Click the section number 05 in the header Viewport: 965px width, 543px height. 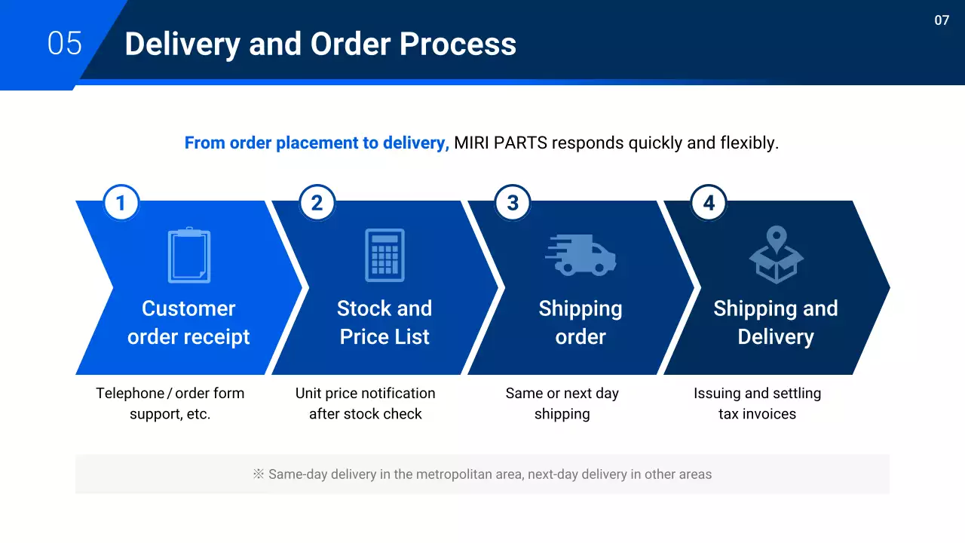[64, 43]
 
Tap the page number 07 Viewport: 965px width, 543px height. [942, 20]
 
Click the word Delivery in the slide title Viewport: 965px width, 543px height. [181, 44]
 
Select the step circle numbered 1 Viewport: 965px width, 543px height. [121, 203]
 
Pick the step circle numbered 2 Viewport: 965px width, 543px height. [317, 203]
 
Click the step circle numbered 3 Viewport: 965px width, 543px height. [513, 203]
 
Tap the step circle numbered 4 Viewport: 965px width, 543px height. [709, 203]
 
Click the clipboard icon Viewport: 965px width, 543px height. [188, 255]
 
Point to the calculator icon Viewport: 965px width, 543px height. [384, 255]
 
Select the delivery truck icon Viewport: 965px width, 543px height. [581, 255]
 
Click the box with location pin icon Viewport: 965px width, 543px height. [777, 255]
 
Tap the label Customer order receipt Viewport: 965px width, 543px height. [188, 323]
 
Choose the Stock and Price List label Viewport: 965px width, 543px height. [384, 323]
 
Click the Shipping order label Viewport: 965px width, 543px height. [581, 323]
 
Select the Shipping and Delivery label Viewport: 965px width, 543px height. [776, 323]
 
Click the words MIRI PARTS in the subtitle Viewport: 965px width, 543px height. [501, 143]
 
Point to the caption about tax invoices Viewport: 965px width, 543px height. [757, 403]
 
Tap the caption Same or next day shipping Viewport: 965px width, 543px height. [562, 403]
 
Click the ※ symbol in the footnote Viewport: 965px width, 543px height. [259, 474]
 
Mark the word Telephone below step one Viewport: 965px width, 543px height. [130, 393]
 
